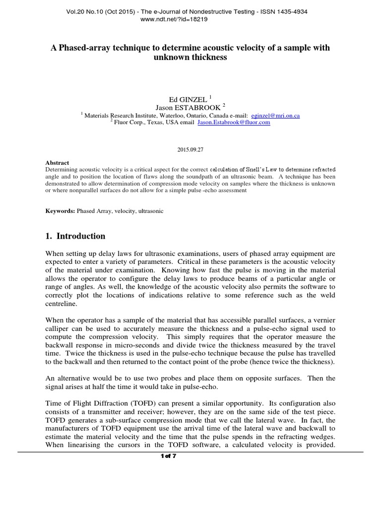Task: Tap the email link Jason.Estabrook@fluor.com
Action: click(234, 123)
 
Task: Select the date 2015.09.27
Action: click(190, 149)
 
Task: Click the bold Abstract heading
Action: click(57, 163)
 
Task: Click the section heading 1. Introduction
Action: click(75, 236)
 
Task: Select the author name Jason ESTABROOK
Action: click(186, 107)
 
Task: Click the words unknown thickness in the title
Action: click(190, 57)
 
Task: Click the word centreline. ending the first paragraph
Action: click(63, 303)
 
